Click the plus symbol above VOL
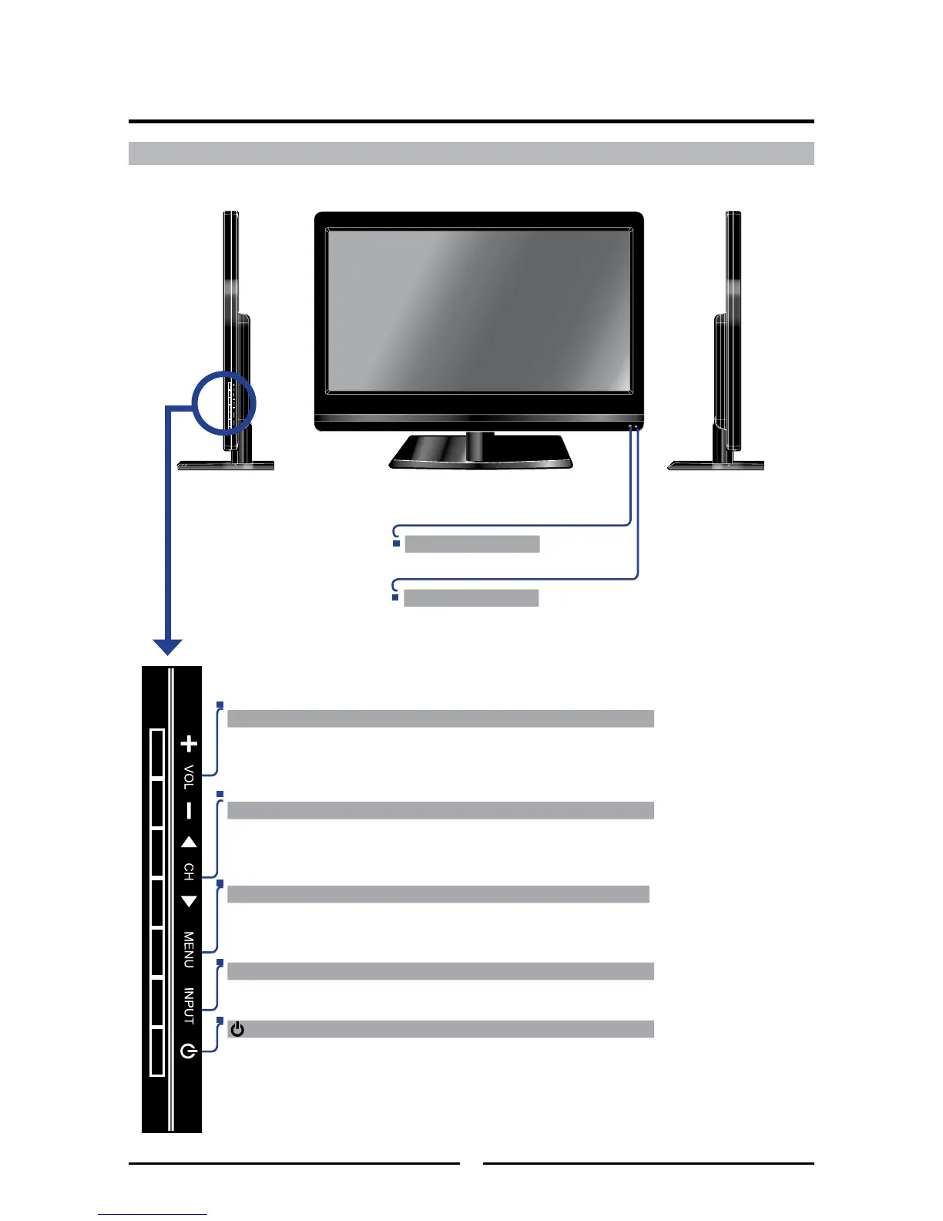(189, 744)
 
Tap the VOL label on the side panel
(189, 777)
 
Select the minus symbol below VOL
(189, 811)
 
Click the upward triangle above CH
(189, 843)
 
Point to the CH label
(189, 872)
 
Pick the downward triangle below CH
(189, 901)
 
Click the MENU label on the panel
(189, 950)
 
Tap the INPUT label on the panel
(189, 1006)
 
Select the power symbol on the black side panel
(189, 1050)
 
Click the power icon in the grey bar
(237, 1030)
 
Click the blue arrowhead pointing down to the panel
(167, 647)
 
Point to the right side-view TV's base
(715, 466)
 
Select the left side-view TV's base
(226, 466)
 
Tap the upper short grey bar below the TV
(471, 544)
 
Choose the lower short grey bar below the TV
(471, 598)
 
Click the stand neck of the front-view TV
(479, 443)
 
